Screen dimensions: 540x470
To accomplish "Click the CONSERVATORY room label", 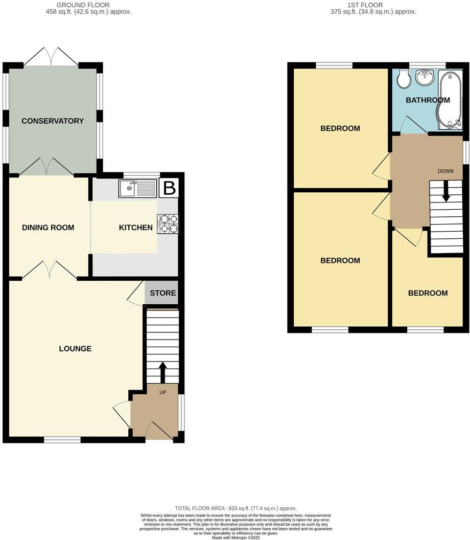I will click(x=53, y=121).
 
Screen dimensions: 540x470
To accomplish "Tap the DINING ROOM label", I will click(x=48, y=228).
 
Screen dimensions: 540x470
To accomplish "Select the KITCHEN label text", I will click(x=136, y=228).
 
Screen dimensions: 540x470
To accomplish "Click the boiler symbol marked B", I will click(x=169, y=189).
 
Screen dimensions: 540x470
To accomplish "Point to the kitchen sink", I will click(x=137, y=189).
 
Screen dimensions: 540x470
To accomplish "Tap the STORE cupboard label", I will click(x=163, y=293).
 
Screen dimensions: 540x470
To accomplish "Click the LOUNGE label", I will click(x=75, y=349).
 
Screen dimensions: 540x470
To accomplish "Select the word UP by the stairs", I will click(x=163, y=392).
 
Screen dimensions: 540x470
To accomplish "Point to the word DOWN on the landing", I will click(x=445, y=171).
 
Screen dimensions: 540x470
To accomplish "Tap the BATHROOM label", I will click(x=428, y=100).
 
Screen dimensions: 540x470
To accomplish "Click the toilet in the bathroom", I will click(x=404, y=79).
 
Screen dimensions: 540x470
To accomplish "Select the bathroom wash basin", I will click(x=424, y=78).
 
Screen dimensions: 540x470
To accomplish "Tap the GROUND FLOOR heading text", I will click(x=88, y=5).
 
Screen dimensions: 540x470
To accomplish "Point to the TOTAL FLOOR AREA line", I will click(x=236, y=508).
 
